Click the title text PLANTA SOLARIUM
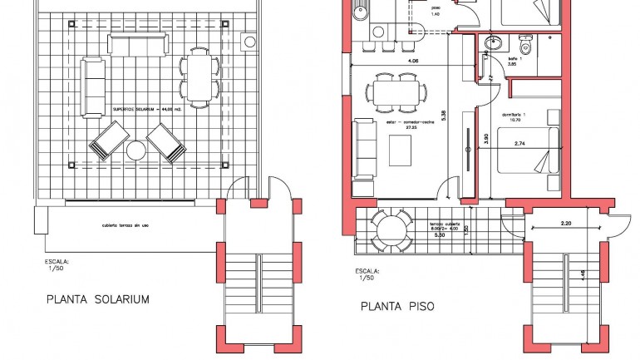click(x=97, y=299)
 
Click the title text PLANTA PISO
click(x=397, y=306)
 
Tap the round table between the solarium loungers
click(x=135, y=150)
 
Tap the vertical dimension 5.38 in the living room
click(x=445, y=114)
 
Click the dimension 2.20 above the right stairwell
click(x=568, y=223)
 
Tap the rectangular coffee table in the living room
click(x=401, y=150)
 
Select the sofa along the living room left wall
click(x=365, y=149)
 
